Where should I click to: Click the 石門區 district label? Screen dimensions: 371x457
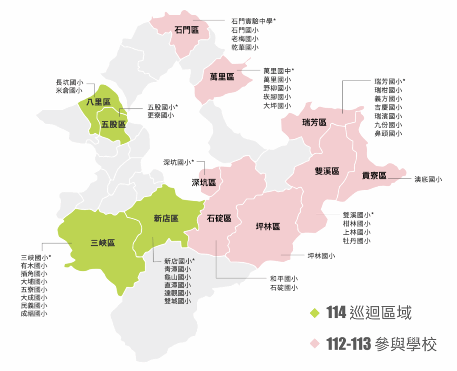pyautogui.click(x=187, y=30)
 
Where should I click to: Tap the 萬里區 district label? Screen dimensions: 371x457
pyautogui.click(x=222, y=77)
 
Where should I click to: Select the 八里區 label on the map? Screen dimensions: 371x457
pyautogui.click(x=98, y=102)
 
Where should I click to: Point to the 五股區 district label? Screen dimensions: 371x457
pyautogui.click(x=113, y=124)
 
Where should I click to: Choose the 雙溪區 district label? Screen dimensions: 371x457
pyautogui.click(x=327, y=171)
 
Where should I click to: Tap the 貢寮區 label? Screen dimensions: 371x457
pyautogui.click(x=374, y=175)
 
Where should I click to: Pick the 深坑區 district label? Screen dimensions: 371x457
pyautogui.click(x=204, y=182)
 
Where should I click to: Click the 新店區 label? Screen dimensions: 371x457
pyautogui.click(x=166, y=218)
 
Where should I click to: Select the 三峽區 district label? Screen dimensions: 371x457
pyautogui.click(x=103, y=243)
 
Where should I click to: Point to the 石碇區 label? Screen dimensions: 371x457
pyautogui.click(x=219, y=218)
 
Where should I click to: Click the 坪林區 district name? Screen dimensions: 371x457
pyautogui.click(x=268, y=226)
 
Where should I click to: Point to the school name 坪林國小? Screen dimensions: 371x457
pyautogui.click(x=321, y=255)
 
